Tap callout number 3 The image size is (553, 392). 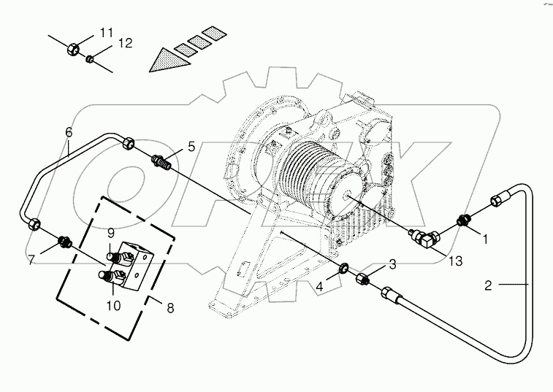click(x=392, y=264)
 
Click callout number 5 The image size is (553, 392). click(x=191, y=147)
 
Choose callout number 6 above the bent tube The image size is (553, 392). click(x=69, y=132)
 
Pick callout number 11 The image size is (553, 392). click(x=107, y=32)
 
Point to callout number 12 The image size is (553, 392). click(x=125, y=45)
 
